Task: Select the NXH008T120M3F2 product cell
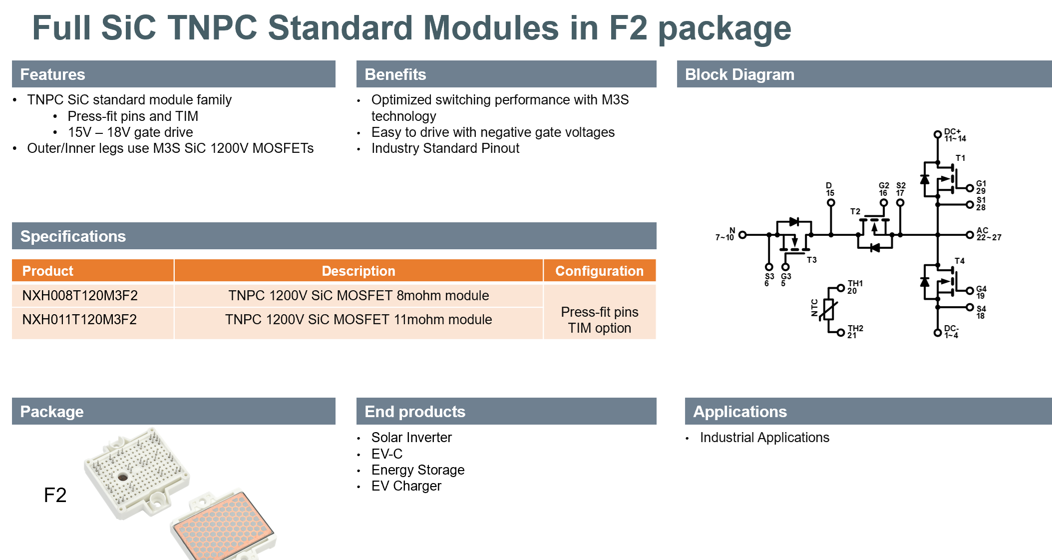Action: click(x=93, y=295)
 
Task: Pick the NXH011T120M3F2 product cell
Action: click(x=93, y=320)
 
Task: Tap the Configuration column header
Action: click(x=599, y=271)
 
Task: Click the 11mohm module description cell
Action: click(x=358, y=320)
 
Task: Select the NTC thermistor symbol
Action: click(x=829, y=309)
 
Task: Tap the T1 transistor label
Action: click(x=960, y=158)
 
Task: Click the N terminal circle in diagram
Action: click(x=742, y=235)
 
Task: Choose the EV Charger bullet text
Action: click(x=406, y=486)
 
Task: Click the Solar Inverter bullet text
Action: click(x=411, y=438)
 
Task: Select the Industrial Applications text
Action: click(x=764, y=438)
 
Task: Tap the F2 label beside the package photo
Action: click(x=55, y=495)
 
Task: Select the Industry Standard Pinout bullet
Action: click(x=445, y=148)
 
